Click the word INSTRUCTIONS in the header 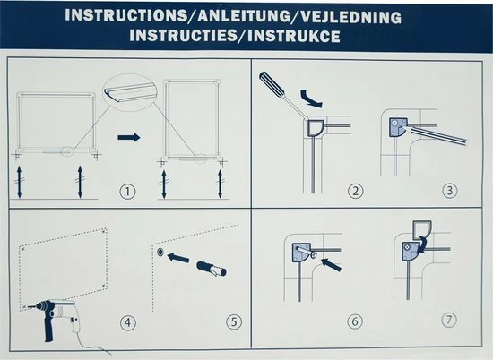click(x=125, y=15)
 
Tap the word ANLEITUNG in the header click(x=243, y=16)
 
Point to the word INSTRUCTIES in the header click(x=183, y=35)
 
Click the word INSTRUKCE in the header click(x=294, y=36)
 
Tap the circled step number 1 click(x=127, y=192)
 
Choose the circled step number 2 click(x=355, y=191)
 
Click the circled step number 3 click(x=450, y=190)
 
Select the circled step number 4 click(x=128, y=322)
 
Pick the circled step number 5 click(x=234, y=321)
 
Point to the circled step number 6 click(x=355, y=321)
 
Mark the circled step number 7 click(x=449, y=320)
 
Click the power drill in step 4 click(x=55, y=316)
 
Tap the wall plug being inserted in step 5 click(x=212, y=269)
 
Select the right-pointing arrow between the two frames click(x=129, y=137)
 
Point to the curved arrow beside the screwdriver click(x=311, y=99)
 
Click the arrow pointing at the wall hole click(x=178, y=257)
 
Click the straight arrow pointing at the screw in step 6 click(x=332, y=264)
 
